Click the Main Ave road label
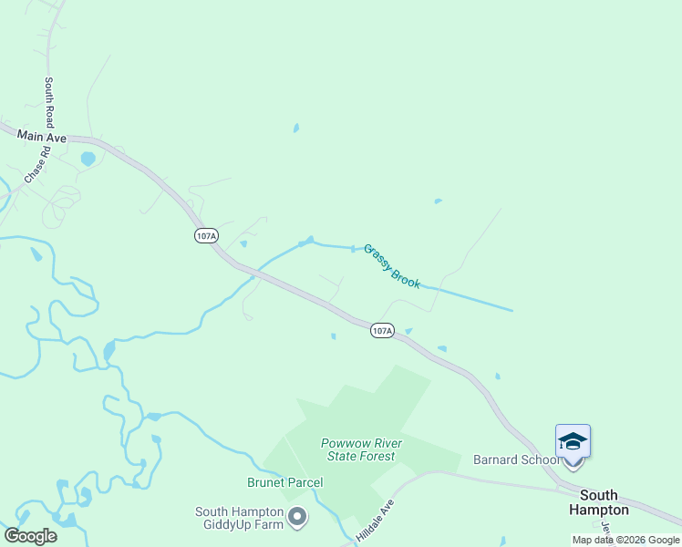pos(42,136)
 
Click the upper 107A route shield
pos(206,236)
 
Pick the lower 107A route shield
pos(382,330)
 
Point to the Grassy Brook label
pos(392,265)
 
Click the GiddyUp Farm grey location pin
pos(297,518)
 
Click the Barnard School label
pos(516,459)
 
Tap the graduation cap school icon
pos(573,441)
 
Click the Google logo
pos(30,536)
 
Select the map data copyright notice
pos(626,540)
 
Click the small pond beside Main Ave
pos(88,159)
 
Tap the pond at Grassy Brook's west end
pos(305,242)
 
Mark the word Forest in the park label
pos(377,456)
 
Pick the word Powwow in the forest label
pos(340,443)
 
